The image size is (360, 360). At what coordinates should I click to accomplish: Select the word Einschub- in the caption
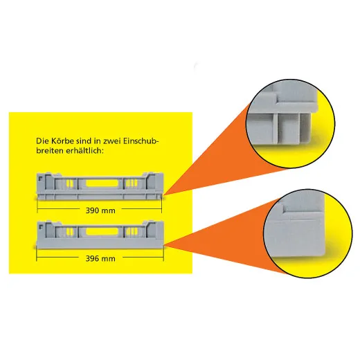coord(141,141)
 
